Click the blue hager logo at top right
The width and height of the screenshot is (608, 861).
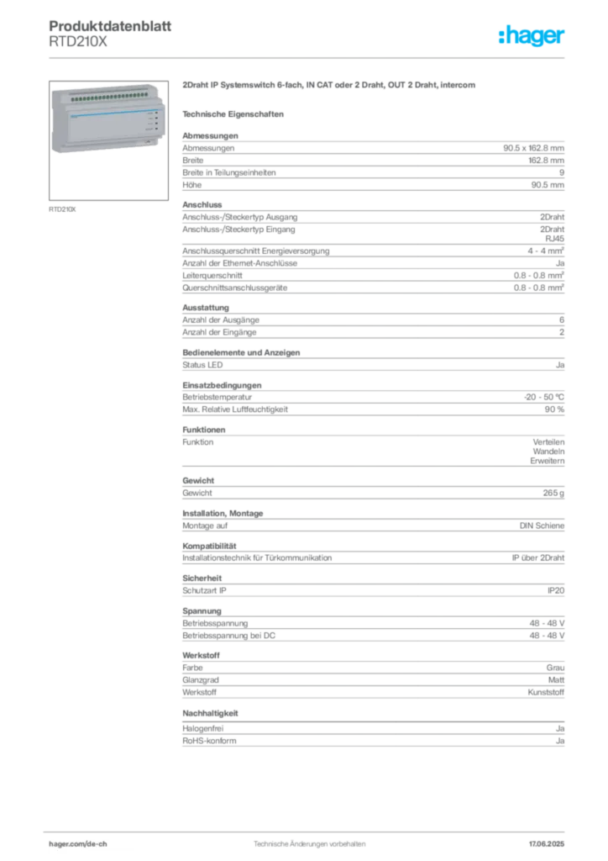pyautogui.click(x=532, y=36)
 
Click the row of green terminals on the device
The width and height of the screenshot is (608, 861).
pyautogui.click(x=104, y=98)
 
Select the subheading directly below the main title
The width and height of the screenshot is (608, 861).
pyautogui.click(x=235, y=113)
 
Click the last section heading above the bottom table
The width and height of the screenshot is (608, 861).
pyautogui.click(x=212, y=713)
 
